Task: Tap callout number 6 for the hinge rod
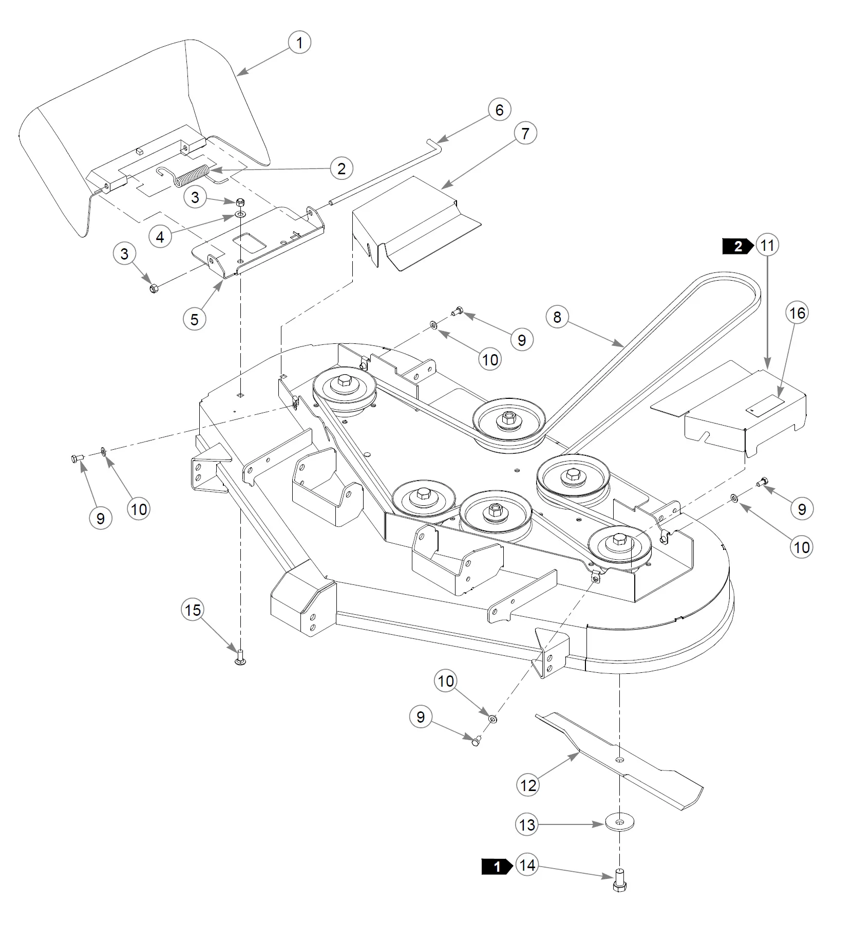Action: pos(499,109)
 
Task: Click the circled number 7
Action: pos(525,134)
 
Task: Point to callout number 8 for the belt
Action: pos(557,317)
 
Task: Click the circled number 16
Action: pos(797,313)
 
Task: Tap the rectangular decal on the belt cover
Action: pos(765,404)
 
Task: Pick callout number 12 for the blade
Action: pos(528,785)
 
